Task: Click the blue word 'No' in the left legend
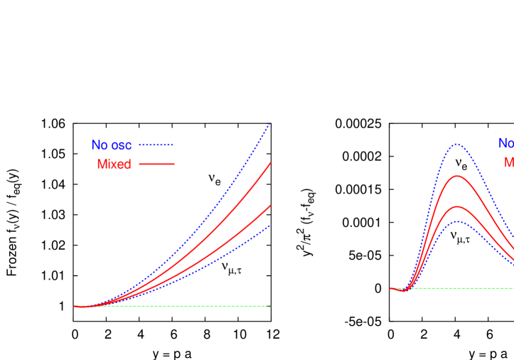[100, 145]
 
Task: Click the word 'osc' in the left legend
[121, 145]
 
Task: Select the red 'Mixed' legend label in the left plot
[114, 164]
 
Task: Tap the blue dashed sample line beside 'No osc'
[156, 145]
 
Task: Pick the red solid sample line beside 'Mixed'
[156, 164]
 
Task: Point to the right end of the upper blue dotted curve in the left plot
[269, 125]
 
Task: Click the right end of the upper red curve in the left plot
[270, 164]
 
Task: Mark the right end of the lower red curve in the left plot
[270, 206]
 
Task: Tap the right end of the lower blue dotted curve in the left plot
[269, 226]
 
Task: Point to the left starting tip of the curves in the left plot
[75, 307]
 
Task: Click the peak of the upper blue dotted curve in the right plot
[456, 144]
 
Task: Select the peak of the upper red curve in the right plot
[456, 176]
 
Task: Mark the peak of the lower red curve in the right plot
[457, 206]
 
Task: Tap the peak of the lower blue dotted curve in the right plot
[458, 221]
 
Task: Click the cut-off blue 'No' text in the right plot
[505, 143]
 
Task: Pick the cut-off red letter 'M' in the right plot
[509, 162]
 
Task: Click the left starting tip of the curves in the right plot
[390, 288]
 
